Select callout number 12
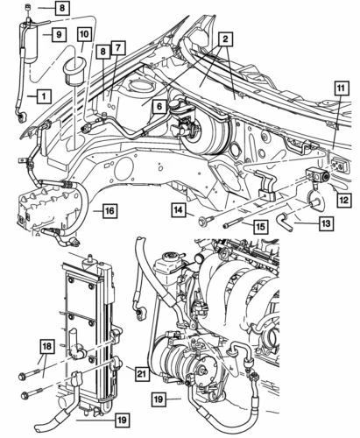coord(342,200)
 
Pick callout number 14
coord(179,210)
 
